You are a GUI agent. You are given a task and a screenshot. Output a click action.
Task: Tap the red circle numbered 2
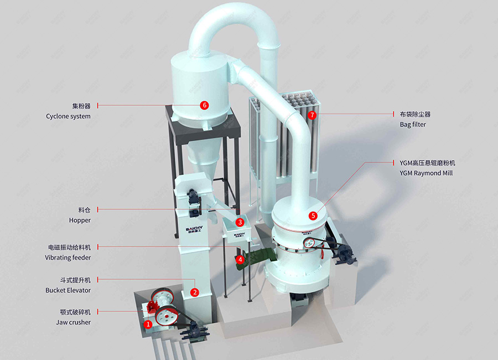[x=195, y=292]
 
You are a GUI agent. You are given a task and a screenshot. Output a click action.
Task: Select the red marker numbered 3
[x=240, y=222]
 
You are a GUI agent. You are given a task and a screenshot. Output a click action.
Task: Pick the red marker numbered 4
[x=240, y=259]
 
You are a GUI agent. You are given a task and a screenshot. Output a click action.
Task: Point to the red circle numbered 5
[x=313, y=215]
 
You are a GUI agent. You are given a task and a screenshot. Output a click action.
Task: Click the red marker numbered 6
[x=204, y=105]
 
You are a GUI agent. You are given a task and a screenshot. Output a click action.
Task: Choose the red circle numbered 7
[x=313, y=115]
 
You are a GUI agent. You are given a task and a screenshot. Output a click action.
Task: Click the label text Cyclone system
[x=68, y=116]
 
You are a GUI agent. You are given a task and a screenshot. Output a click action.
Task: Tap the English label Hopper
[x=80, y=220]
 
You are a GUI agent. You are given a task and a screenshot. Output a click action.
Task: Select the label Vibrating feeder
[x=68, y=258]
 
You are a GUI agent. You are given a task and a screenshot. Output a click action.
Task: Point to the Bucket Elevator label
[x=68, y=290]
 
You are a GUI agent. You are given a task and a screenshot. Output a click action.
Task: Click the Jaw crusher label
[x=73, y=322]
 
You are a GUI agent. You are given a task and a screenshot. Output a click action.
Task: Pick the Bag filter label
[x=413, y=125]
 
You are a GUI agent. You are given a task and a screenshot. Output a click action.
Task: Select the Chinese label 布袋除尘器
[x=415, y=114]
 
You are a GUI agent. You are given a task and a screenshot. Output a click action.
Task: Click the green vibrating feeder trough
[x=254, y=260]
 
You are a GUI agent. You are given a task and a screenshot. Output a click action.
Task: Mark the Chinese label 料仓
[x=85, y=210]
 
